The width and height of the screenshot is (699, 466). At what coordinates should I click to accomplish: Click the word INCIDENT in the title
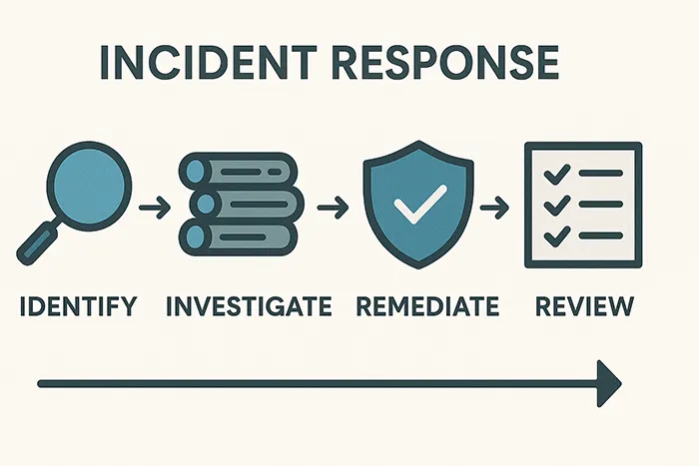209,62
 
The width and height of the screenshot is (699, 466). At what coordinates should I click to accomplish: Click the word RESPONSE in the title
446,62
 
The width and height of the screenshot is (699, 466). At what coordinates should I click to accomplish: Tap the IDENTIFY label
79,305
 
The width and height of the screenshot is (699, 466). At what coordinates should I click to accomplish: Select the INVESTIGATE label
249,305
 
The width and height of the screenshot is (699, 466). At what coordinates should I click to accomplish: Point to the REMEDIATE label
428,305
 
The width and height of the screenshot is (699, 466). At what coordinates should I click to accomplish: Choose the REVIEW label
584,305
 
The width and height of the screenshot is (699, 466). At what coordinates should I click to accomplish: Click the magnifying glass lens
89,186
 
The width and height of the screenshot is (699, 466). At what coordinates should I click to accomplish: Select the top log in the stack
239,172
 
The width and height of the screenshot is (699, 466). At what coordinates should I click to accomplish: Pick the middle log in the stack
247,205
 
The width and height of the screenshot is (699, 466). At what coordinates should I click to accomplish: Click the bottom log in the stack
239,236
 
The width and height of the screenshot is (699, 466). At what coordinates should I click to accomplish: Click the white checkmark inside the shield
420,204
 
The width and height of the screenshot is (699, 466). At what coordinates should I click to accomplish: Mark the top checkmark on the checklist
557,175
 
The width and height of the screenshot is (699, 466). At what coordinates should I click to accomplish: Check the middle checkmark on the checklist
557,206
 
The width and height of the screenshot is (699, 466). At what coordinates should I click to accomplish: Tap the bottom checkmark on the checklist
557,236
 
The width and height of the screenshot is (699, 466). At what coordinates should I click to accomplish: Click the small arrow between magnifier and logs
155,208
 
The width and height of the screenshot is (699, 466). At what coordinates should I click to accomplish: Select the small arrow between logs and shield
333,208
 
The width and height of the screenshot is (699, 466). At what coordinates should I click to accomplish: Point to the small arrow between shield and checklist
494,208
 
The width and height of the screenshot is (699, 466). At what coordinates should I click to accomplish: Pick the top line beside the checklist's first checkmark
600,173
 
